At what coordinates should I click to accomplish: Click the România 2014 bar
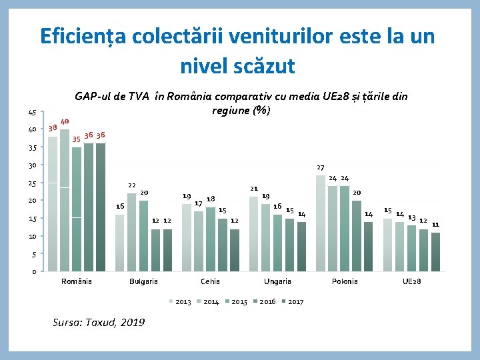(x=65, y=200)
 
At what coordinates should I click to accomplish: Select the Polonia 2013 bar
(x=321, y=223)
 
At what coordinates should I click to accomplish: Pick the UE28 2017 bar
(x=435, y=252)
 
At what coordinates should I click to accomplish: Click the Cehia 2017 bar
(x=235, y=250)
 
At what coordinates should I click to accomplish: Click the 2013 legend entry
(x=179, y=302)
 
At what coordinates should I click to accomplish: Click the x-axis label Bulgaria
(x=143, y=281)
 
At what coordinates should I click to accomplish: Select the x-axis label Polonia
(x=345, y=281)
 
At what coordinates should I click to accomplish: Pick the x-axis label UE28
(x=411, y=281)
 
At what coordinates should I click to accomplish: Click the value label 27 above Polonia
(x=320, y=167)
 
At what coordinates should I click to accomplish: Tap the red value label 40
(x=65, y=121)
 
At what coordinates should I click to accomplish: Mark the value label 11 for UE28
(x=435, y=225)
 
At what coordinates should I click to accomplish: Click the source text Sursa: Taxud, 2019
(x=98, y=323)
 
